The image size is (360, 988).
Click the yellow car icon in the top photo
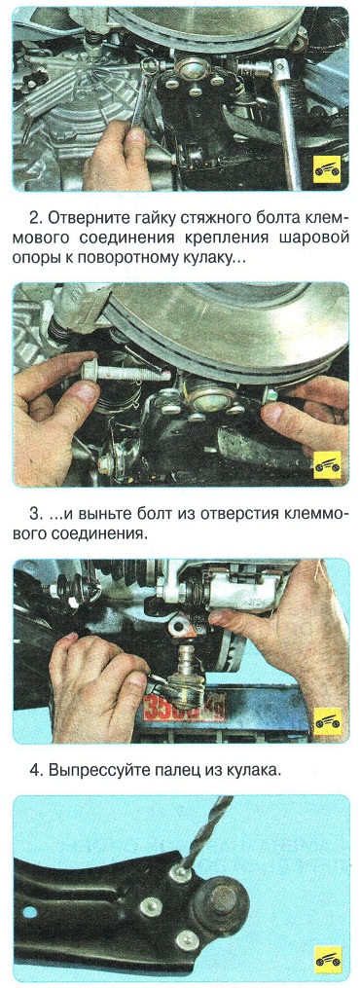328,168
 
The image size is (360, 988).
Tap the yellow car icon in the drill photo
328,959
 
